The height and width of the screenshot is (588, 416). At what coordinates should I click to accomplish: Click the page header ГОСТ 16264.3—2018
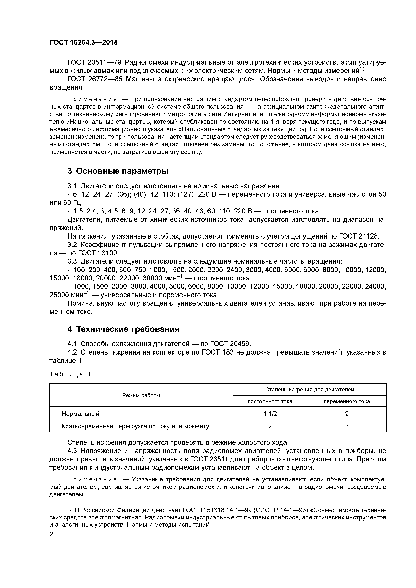tap(83, 43)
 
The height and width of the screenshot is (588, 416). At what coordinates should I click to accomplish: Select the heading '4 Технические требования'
tap(123, 329)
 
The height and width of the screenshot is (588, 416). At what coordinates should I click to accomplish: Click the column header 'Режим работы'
tap(141, 395)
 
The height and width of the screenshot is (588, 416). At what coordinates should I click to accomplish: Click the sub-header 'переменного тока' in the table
tap(347, 401)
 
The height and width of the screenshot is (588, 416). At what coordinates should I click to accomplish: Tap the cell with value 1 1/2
tap(270, 414)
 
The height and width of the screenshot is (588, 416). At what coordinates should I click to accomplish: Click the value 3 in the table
tap(347, 426)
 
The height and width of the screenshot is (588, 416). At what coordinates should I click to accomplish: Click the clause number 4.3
tap(72, 451)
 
